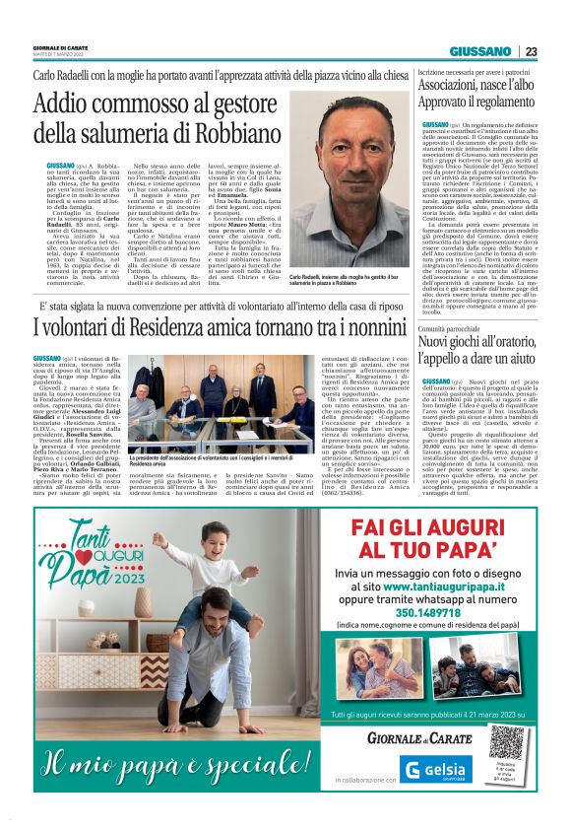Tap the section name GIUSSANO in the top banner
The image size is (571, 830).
[x=480, y=51]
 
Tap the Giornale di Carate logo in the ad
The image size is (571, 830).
[x=403, y=735]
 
